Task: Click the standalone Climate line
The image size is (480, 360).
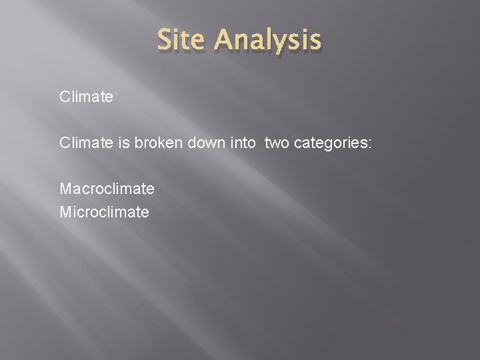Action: (86, 97)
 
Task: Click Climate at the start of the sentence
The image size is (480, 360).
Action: (86, 143)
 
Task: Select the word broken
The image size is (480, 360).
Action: (155, 143)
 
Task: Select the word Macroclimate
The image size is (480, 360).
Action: (107, 189)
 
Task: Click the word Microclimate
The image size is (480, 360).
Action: (104, 212)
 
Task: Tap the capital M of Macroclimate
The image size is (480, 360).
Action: (65, 189)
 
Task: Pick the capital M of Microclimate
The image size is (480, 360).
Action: (65, 212)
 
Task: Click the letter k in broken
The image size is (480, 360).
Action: (157, 143)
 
